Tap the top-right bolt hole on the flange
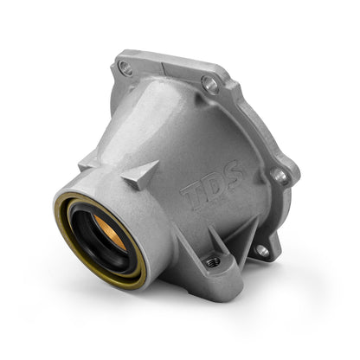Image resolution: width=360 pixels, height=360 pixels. coord(208,85)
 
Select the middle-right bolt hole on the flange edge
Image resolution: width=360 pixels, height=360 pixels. coord(280,175)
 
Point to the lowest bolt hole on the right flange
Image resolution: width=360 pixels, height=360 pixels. coord(261,250)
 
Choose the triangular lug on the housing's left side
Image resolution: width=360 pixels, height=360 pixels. coord(87,162)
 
